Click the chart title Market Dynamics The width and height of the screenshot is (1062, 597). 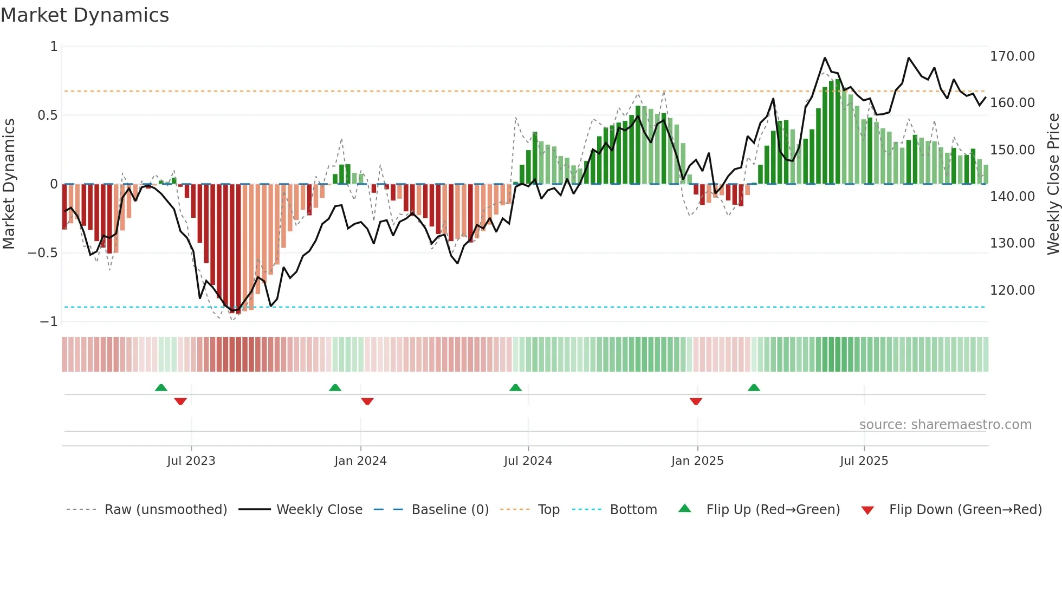[x=85, y=15]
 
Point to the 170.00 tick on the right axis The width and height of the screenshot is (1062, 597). [x=1012, y=56]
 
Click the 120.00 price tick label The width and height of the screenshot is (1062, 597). [x=1012, y=290]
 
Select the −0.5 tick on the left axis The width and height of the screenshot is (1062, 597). [x=43, y=253]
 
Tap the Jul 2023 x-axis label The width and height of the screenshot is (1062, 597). [x=191, y=461]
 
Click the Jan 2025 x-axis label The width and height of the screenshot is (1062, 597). [x=697, y=461]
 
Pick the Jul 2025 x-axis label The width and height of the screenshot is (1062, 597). [x=864, y=461]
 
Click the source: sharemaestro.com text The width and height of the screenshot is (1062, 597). [x=945, y=425]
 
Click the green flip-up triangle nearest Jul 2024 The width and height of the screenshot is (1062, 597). [x=515, y=388]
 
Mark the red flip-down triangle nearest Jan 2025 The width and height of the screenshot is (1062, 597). [x=696, y=401]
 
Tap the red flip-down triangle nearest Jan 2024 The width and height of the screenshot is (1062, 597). [x=367, y=401]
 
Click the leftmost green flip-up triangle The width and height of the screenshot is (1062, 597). [x=161, y=388]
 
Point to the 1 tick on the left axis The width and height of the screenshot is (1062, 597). [x=54, y=47]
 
